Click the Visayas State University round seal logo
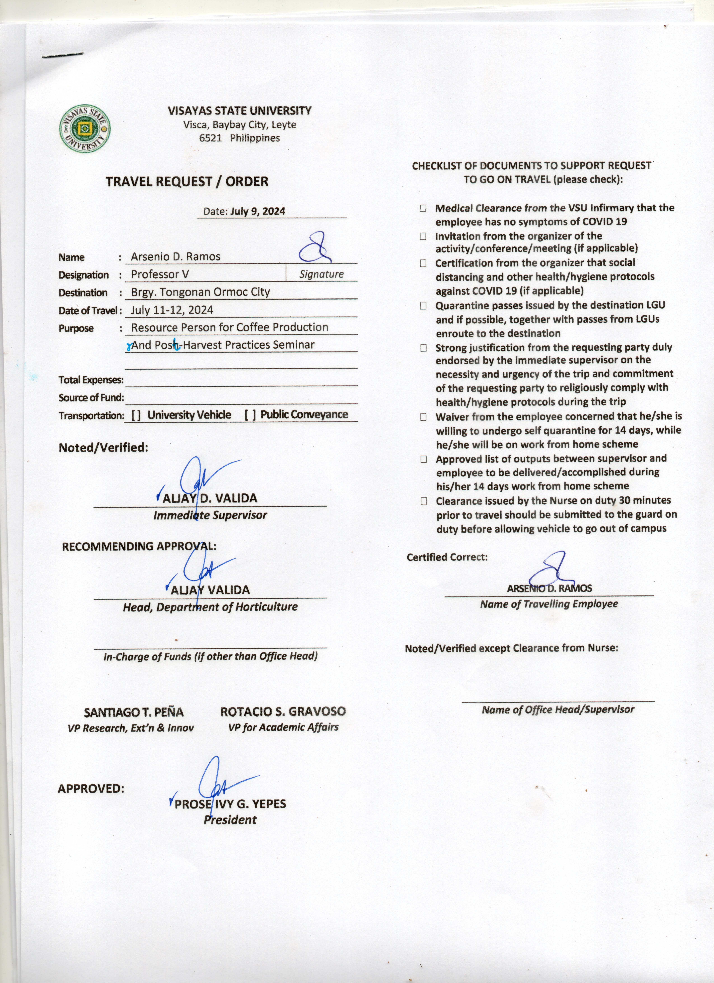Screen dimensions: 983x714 [x=85, y=129]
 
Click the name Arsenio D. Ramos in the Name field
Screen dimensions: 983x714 [x=175, y=257]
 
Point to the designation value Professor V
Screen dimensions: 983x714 [x=160, y=274]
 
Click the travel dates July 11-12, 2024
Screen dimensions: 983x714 [x=172, y=310]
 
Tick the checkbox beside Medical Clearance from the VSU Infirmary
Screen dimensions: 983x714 [x=423, y=209]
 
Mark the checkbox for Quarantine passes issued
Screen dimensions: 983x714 [x=423, y=306]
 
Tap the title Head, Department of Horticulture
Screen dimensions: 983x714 [x=210, y=607]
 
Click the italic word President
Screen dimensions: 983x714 [x=230, y=820]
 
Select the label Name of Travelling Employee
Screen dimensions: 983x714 [x=549, y=604]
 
